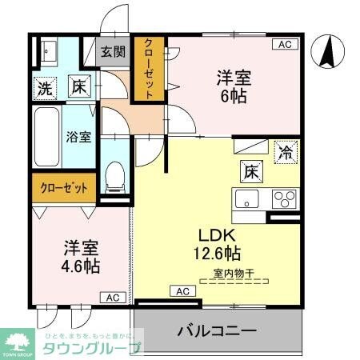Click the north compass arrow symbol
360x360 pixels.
click(327, 53)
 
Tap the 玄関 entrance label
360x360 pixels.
click(113, 53)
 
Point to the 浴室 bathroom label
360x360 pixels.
click(78, 136)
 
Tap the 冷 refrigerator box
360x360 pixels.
click(285, 150)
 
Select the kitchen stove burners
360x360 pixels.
click(285, 198)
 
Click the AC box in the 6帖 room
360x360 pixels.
click(284, 44)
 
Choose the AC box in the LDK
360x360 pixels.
click(182, 290)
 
